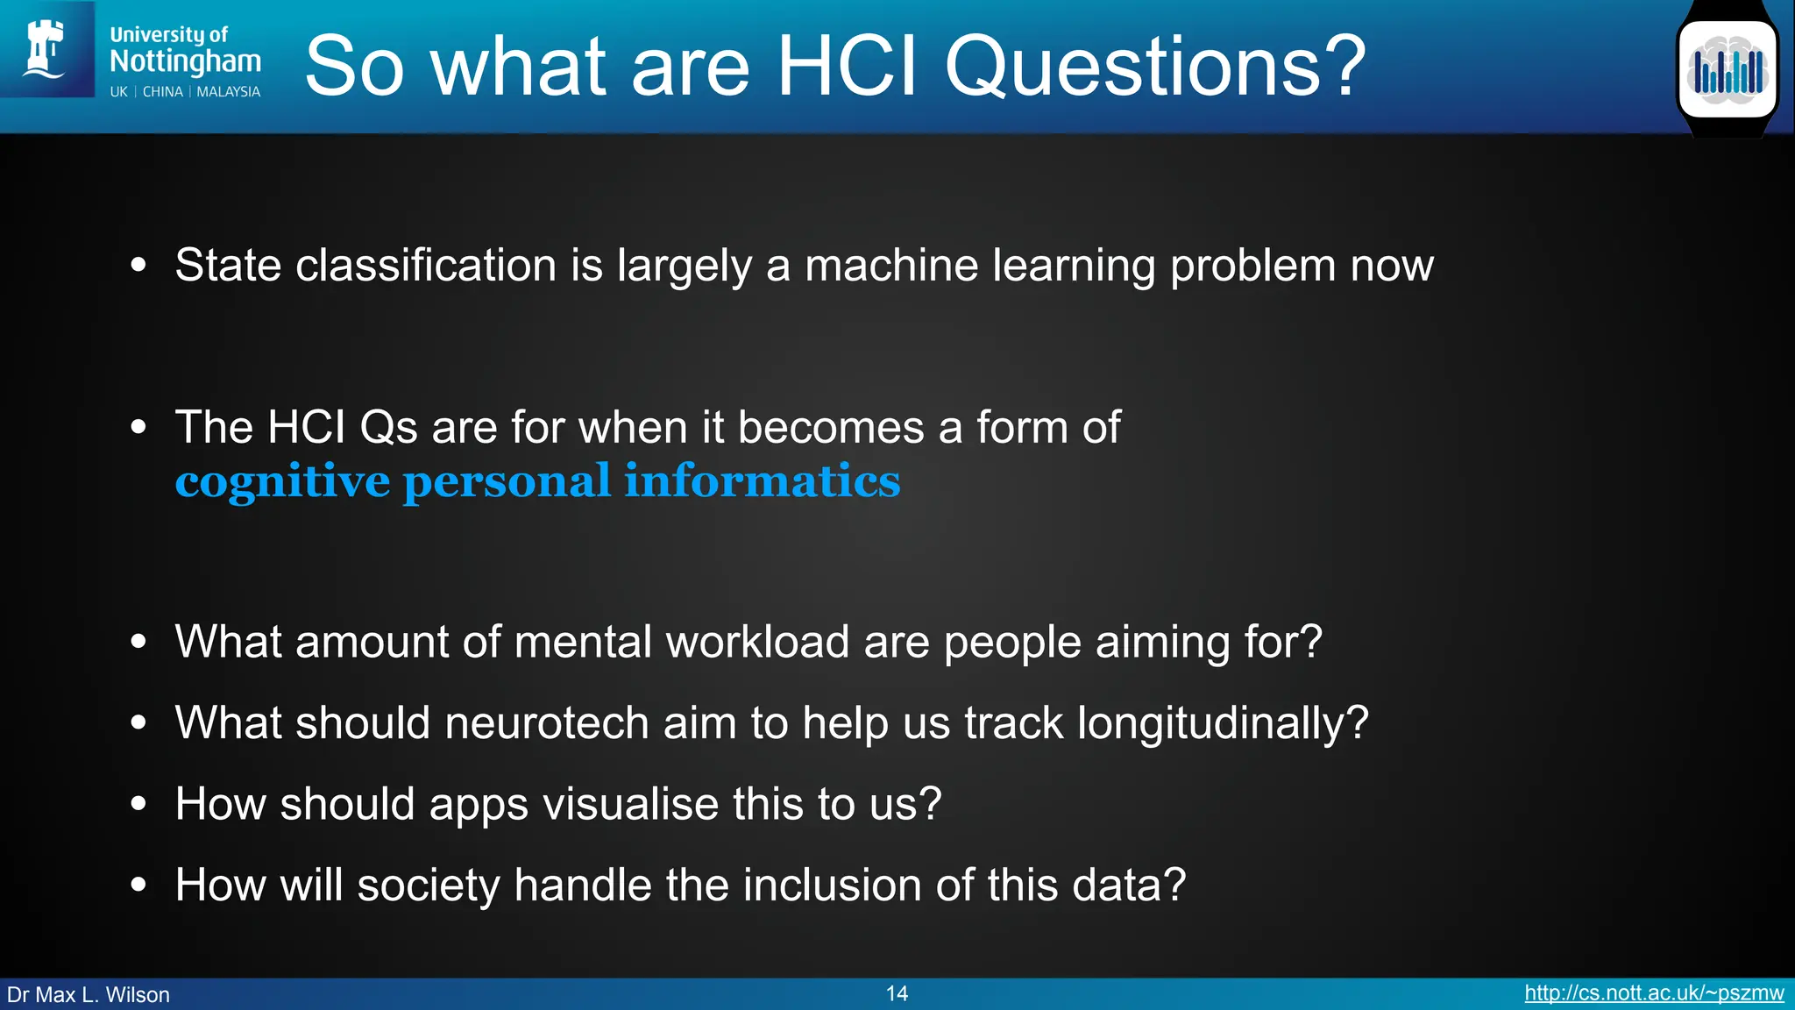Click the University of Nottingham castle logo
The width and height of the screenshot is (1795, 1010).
tap(46, 50)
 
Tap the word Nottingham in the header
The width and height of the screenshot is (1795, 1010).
tap(185, 61)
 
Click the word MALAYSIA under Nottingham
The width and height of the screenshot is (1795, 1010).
tap(228, 92)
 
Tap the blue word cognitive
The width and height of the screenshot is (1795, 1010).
tap(282, 481)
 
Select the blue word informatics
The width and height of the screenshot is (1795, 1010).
tap(762, 481)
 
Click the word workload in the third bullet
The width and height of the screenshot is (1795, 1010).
tap(757, 642)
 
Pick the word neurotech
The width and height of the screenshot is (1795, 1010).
tap(547, 723)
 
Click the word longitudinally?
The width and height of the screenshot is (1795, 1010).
tap(1223, 723)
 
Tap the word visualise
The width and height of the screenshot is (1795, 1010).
tap(631, 804)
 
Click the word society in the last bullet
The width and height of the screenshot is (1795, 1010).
tap(429, 885)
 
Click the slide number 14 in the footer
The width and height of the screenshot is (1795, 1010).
tap(897, 993)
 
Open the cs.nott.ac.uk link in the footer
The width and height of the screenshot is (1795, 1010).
tap(1654, 993)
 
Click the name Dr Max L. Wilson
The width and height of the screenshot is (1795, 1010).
tap(89, 995)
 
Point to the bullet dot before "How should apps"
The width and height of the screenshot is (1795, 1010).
tap(138, 804)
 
